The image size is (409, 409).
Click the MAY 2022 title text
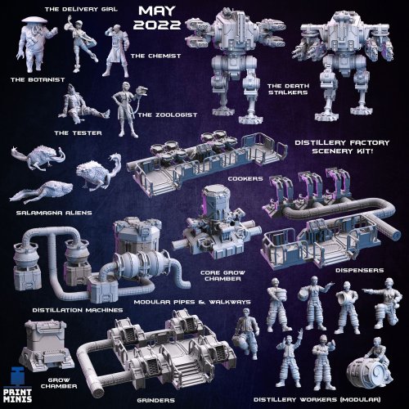[x=157, y=18]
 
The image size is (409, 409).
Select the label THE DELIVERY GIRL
[x=81, y=9]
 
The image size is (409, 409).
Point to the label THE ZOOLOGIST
[x=167, y=115]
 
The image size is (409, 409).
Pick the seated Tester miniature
[x=81, y=105]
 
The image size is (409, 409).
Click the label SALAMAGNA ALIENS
[x=54, y=213]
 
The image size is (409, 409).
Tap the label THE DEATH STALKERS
[x=288, y=89]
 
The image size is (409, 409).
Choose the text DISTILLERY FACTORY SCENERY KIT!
[x=342, y=146]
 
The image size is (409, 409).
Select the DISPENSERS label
[x=359, y=270]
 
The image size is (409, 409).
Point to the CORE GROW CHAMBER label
[x=222, y=276]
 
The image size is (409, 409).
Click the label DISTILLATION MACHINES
[x=78, y=310]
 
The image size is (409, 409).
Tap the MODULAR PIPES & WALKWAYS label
[x=192, y=302]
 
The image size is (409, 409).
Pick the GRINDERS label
[x=155, y=400]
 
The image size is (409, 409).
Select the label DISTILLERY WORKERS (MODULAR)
[x=317, y=399]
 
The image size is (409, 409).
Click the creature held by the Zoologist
[x=142, y=91]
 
